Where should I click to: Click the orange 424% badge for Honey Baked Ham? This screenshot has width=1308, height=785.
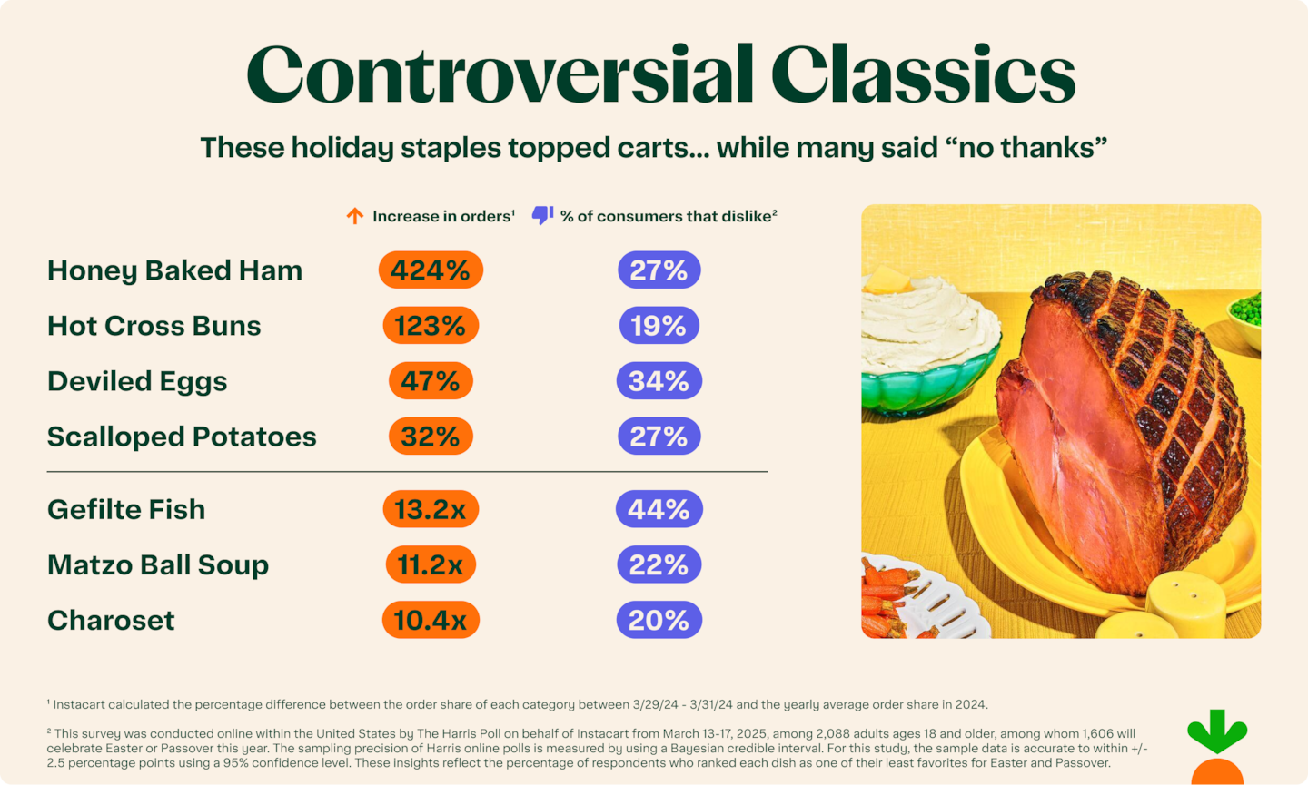(x=431, y=270)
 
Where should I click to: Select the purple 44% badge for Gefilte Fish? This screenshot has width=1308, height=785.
(x=659, y=509)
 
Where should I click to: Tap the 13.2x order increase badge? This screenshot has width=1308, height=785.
(x=431, y=509)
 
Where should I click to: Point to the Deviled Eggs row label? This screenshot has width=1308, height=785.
(x=137, y=381)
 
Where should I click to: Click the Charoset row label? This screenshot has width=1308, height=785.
(x=111, y=620)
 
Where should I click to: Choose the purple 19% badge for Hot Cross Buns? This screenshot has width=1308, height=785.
(x=659, y=326)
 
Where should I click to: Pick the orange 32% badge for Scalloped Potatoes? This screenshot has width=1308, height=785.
(x=431, y=437)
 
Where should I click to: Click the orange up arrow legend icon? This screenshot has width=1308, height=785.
(x=355, y=216)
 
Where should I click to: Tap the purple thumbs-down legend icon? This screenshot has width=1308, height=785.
(x=542, y=216)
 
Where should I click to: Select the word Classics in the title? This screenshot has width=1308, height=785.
(x=923, y=74)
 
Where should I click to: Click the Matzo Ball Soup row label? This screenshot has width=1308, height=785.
(x=158, y=564)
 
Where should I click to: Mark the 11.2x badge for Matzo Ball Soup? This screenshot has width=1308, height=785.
(x=431, y=564)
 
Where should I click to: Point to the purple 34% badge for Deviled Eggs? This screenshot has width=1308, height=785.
(x=659, y=381)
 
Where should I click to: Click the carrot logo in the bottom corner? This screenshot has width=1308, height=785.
(x=1217, y=749)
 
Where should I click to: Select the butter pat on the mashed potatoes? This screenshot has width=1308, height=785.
(x=886, y=280)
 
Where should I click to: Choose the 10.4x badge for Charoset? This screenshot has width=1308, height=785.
(x=431, y=620)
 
